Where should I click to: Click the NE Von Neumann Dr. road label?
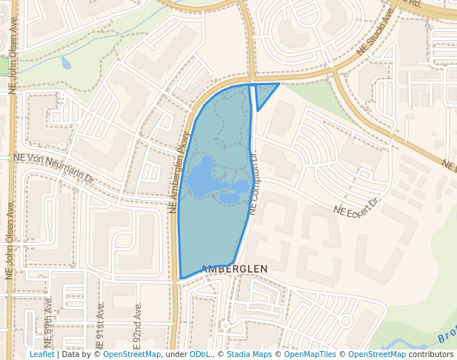click(54, 167)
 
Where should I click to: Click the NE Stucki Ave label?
click(374, 32)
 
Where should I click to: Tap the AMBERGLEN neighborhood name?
click(234, 268)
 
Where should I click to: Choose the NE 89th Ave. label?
click(49, 323)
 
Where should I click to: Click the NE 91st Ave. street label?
click(100, 325)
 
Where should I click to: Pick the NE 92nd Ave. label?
click(138, 325)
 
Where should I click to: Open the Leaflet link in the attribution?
click(41, 355)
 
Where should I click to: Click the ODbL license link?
click(200, 355)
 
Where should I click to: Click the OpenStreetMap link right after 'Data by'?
click(132, 355)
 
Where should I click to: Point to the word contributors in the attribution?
click(431, 355)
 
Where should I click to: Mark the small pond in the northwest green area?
click(66, 63)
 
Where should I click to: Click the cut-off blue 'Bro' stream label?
click(447, 338)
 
